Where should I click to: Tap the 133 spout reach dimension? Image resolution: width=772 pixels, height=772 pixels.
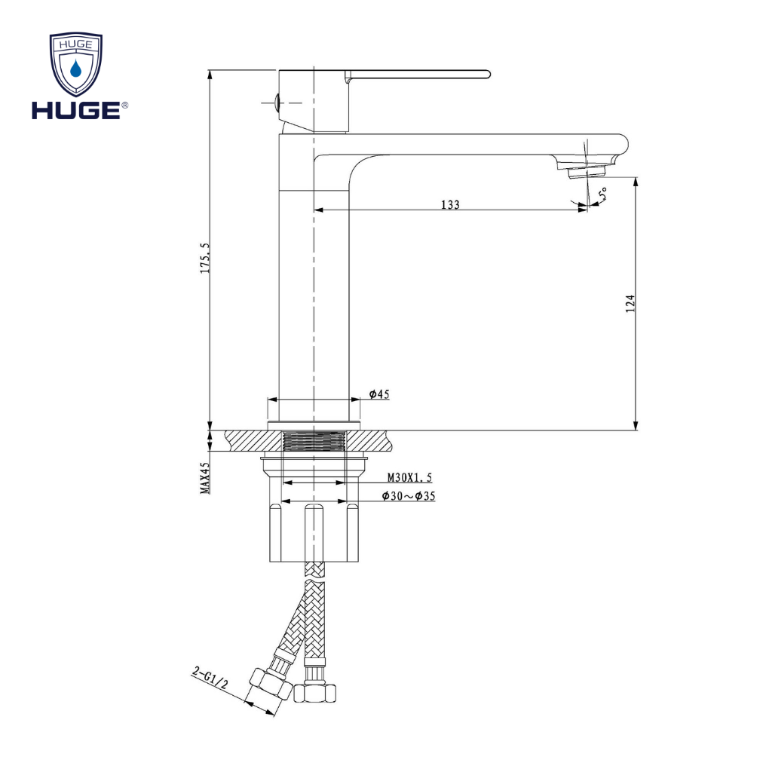point(450,204)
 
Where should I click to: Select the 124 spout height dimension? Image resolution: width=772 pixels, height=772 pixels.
point(632,303)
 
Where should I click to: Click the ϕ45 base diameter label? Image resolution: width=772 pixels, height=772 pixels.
point(379,394)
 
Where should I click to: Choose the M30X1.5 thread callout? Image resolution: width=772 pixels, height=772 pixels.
point(409,477)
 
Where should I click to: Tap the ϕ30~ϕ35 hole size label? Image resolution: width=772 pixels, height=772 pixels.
point(408,496)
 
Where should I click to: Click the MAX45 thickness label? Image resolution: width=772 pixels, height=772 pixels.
point(204,478)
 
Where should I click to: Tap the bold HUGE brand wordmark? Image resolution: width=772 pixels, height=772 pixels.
point(75,111)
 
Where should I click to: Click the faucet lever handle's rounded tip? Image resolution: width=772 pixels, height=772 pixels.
point(484,74)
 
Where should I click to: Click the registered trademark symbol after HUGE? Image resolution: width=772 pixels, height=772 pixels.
point(124,106)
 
